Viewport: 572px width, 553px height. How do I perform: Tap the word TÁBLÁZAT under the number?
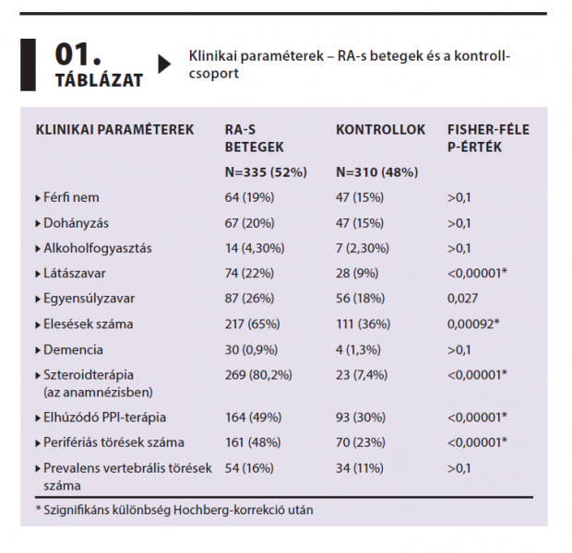99,80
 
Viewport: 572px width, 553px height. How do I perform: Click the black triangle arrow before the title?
164,64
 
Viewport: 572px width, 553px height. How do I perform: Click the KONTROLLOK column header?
381,130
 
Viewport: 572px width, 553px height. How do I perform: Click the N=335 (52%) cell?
266,171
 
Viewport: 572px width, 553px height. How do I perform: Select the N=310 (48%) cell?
376,171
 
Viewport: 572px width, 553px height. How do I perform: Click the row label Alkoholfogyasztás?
97,248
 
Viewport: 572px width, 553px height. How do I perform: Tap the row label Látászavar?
77,274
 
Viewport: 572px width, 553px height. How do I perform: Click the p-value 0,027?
465,299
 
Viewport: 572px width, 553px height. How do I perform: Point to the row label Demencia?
73,349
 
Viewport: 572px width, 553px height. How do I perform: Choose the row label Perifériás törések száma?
113,442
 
